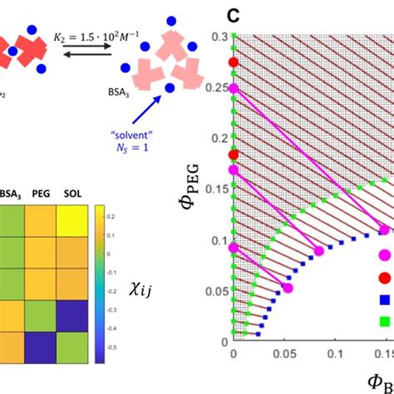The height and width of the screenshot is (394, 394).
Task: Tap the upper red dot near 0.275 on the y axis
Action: pyautogui.click(x=234, y=62)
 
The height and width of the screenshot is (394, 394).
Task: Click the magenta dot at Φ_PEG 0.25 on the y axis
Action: pyautogui.click(x=234, y=87)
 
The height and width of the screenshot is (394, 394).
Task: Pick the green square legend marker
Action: pyautogui.click(x=386, y=320)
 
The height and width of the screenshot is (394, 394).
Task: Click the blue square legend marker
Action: pyautogui.click(x=386, y=299)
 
